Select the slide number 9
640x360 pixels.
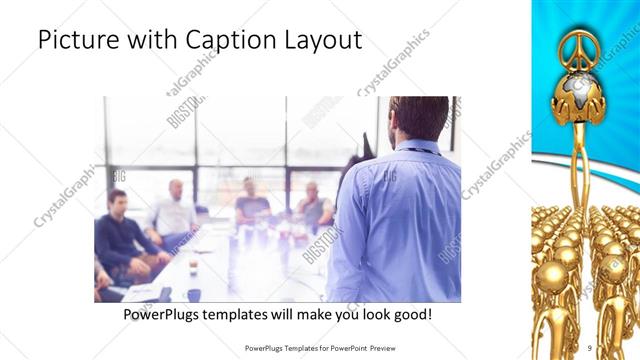(590, 347)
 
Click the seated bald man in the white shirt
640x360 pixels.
(175, 210)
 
